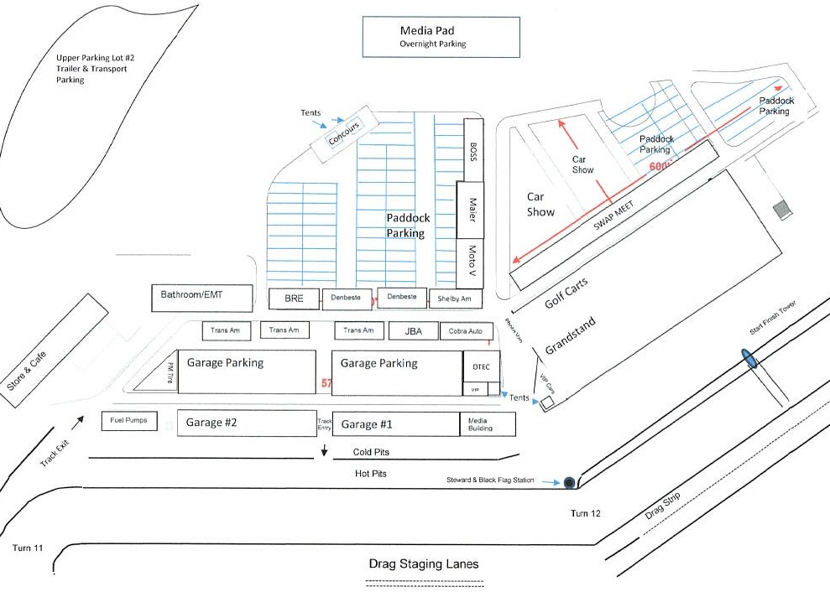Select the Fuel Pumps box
[x=129, y=420]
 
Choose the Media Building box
[x=487, y=424]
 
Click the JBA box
[x=413, y=331]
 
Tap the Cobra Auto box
[x=465, y=331]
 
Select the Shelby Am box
[x=456, y=299]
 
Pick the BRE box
[x=293, y=299]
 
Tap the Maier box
[x=471, y=210]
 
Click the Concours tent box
[x=342, y=133]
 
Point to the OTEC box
[x=482, y=366]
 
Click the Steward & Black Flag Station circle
[x=570, y=482]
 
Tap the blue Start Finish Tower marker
[x=748, y=359]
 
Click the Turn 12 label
[x=586, y=513]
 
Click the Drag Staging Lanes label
[x=424, y=563]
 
